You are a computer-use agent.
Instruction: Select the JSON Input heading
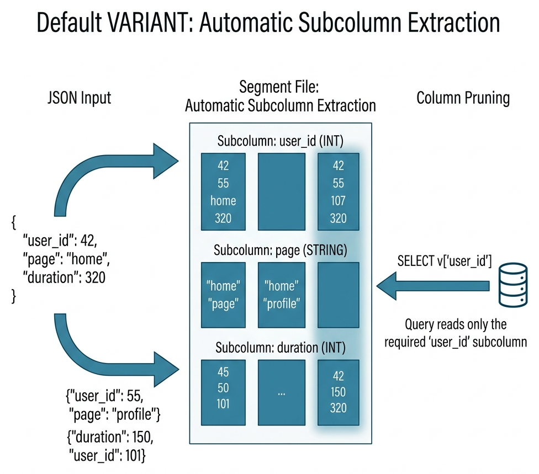point(80,98)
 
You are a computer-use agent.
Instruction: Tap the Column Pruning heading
point(463,98)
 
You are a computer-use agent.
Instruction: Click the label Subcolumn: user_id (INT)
point(281,142)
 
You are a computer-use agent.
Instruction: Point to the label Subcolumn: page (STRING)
point(281,251)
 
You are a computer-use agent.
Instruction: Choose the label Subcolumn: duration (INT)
point(281,348)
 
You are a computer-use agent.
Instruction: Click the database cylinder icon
point(512,285)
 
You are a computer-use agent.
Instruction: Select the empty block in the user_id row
point(282,191)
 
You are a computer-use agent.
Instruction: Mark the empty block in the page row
point(339,295)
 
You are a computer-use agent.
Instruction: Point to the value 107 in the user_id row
point(339,200)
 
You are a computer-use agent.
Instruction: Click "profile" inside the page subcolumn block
point(282,303)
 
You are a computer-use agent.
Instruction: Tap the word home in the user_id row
point(223,200)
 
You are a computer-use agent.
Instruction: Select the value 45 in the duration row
point(223,372)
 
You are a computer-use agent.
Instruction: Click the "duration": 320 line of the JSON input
point(64,278)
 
